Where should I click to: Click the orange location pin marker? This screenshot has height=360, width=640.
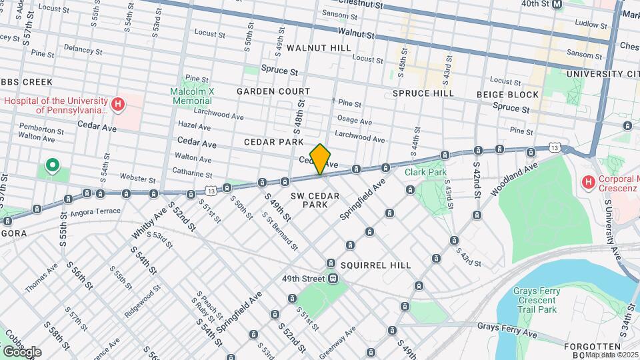point(321,158)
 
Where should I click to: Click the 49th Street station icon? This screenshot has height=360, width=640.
point(331,279)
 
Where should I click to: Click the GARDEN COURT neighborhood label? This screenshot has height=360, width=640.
point(273,91)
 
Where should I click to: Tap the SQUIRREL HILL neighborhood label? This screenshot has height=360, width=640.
point(376,265)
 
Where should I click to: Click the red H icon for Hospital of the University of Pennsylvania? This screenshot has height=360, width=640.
point(118,104)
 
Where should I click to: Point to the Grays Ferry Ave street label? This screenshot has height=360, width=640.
point(507,327)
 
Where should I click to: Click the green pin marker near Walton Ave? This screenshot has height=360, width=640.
point(51,165)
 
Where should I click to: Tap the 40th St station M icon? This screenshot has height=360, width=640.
point(558,4)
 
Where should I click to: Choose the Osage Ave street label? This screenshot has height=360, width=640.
point(354,121)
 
